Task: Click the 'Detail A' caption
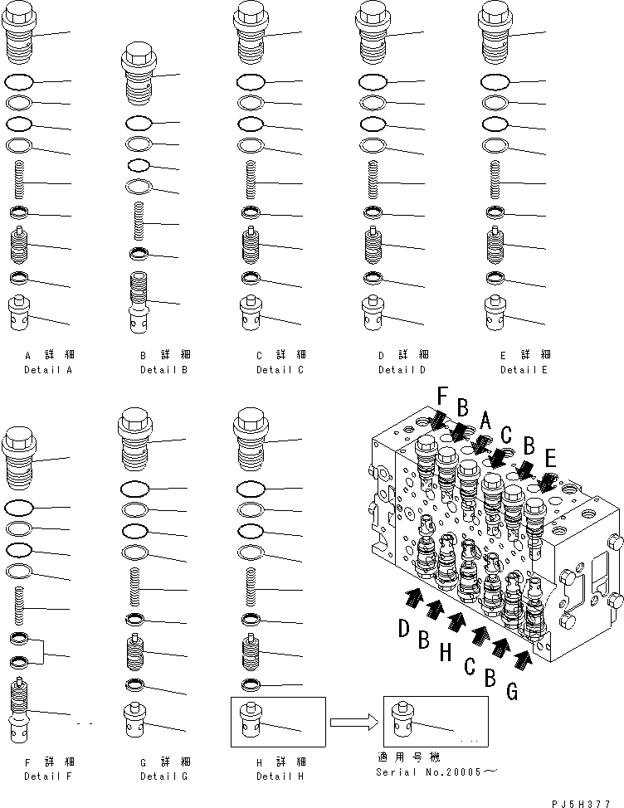48,370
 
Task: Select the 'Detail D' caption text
402,370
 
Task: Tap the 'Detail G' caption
163,776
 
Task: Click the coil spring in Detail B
141,224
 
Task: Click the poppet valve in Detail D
374,245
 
